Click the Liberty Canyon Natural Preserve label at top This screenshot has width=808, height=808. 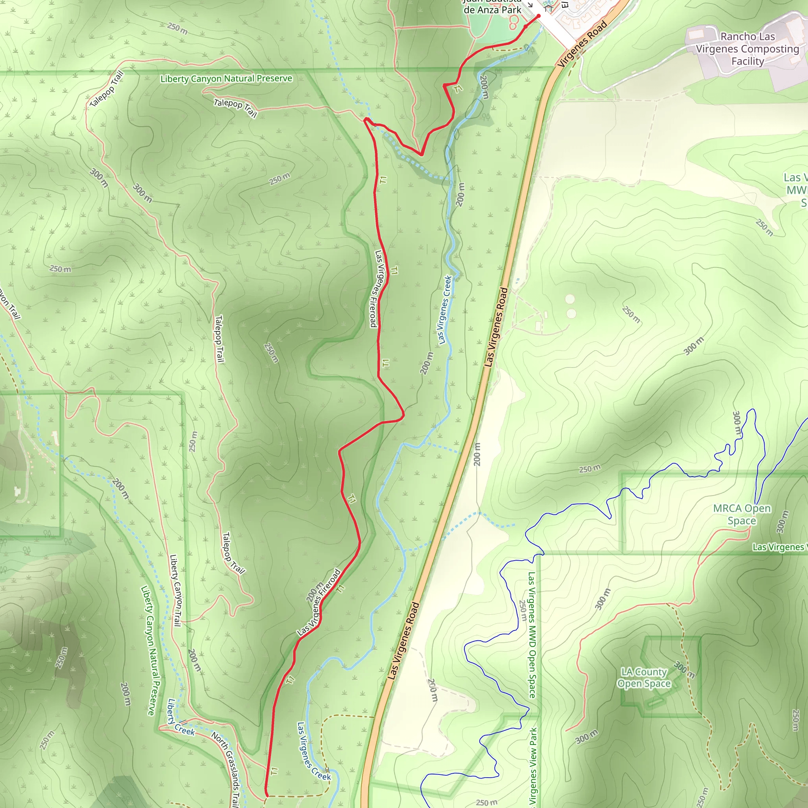pos(226,79)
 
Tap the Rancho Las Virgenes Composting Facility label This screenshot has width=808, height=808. pos(747,49)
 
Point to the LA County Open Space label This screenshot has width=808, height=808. pos(643,677)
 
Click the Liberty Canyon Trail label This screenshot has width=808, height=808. pos(175,590)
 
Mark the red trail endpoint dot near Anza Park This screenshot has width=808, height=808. pos(539,16)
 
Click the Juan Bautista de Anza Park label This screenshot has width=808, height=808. pos(492,7)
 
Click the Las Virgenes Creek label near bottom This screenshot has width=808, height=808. pos(313,751)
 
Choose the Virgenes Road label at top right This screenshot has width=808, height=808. pos(582,44)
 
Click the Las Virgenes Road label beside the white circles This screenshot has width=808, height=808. pos(496,327)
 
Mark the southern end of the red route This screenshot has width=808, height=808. pos(266,795)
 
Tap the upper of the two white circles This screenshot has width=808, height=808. pos(570,299)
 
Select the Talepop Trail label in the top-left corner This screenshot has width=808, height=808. pos(107,89)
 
